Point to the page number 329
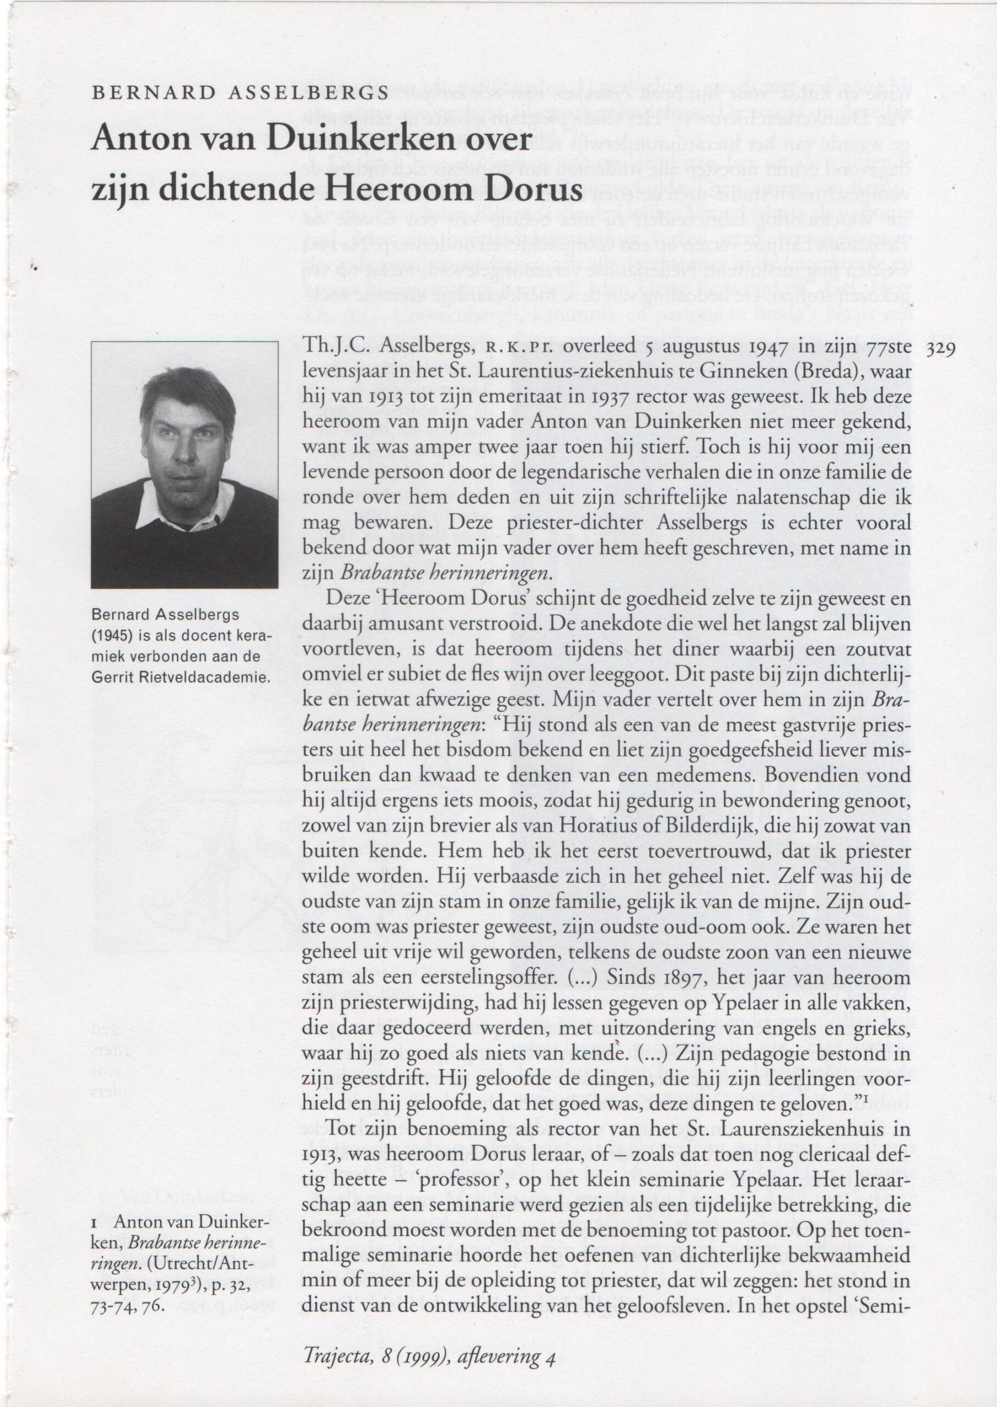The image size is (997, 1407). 944,348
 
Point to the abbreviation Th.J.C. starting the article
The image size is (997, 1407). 336,347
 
